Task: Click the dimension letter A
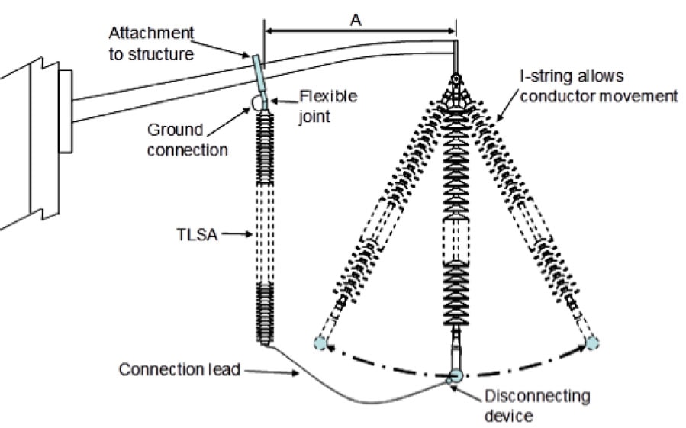tap(356, 21)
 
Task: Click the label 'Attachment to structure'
tap(151, 43)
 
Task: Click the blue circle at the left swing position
tap(320, 343)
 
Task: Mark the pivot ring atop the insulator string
tap(456, 79)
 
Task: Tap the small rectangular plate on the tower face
tap(65, 111)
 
